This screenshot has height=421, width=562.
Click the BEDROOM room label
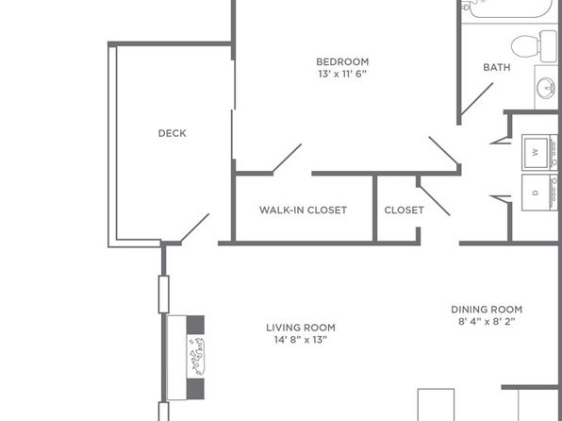pyautogui.click(x=342, y=62)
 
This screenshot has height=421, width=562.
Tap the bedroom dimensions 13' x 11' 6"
pyautogui.click(x=341, y=75)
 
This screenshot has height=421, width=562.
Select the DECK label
pyautogui.click(x=172, y=134)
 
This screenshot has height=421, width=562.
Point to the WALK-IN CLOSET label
pyautogui.click(x=303, y=210)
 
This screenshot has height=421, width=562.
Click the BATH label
pyautogui.click(x=496, y=68)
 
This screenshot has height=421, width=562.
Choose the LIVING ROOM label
pyautogui.click(x=300, y=328)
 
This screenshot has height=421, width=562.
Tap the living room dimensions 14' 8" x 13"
pyautogui.click(x=300, y=341)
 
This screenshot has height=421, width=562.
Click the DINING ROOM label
pyautogui.click(x=486, y=310)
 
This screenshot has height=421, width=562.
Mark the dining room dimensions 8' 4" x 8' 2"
pyautogui.click(x=486, y=322)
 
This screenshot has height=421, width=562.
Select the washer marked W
pyautogui.click(x=537, y=151)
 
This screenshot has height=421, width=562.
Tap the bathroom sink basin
pyautogui.click(x=546, y=88)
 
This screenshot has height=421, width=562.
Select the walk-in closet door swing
pyautogui.click(x=287, y=159)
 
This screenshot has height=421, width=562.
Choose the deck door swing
pyautogui.click(x=194, y=227)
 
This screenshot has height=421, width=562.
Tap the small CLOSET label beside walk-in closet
pyautogui.click(x=404, y=210)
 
